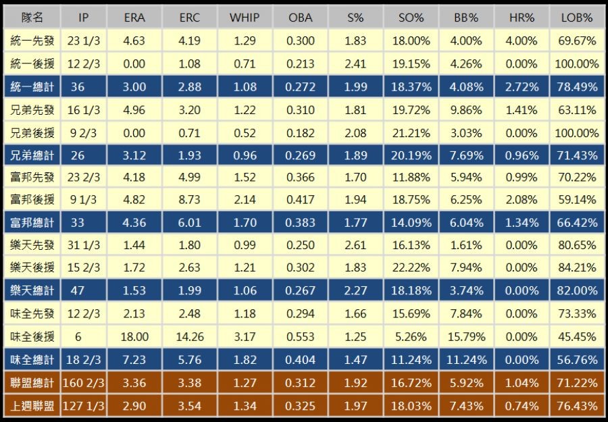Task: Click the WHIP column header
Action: click(244, 18)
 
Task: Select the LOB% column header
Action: click(576, 18)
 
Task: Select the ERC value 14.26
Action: click(189, 336)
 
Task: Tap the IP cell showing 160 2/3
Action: click(83, 383)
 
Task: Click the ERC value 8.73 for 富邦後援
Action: click(189, 200)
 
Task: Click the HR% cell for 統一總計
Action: click(522, 87)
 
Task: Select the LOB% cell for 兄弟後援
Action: click(576, 133)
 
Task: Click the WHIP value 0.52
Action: click(244, 133)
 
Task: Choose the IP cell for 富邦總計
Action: click(83, 223)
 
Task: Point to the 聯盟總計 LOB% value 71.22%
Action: click(576, 383)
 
